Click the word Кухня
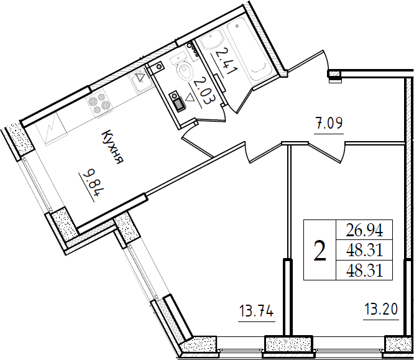[113, 147]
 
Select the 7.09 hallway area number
[329, 123]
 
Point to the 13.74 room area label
[256, 312]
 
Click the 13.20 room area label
[381, 310]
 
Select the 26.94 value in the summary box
[364, 230]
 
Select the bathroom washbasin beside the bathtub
[212, 40]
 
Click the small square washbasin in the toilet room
[158, 67]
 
